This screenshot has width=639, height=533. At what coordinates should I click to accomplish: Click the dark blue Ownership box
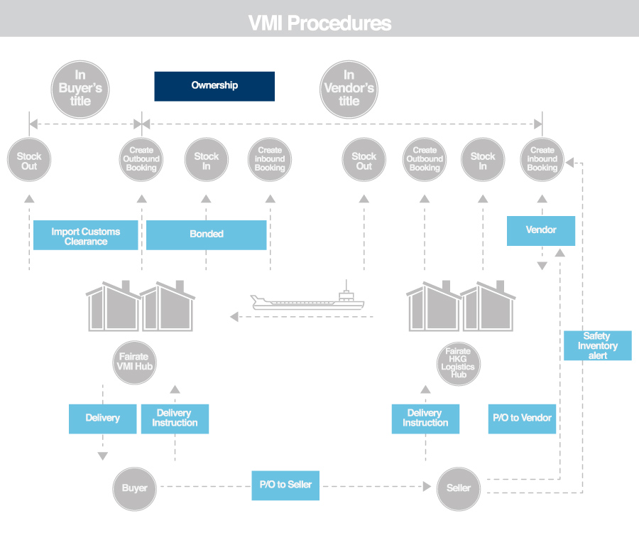214,86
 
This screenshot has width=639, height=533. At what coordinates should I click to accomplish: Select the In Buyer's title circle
80,90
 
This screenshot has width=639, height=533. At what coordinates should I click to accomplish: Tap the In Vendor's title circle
349,90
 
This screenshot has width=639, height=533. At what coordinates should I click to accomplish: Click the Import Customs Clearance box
86,235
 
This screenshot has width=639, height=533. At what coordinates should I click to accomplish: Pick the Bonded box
206,235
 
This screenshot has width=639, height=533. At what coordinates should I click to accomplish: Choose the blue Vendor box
541,231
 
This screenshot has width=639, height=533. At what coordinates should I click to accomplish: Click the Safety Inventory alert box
597,345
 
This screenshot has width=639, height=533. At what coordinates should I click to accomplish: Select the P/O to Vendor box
522,419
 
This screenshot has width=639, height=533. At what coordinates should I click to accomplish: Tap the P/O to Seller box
285,485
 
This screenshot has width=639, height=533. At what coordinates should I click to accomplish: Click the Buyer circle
134,489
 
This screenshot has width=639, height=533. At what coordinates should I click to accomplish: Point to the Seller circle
459,489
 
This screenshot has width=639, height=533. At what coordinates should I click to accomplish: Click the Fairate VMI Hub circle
134,362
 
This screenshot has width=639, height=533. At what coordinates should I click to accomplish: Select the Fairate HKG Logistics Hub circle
459,364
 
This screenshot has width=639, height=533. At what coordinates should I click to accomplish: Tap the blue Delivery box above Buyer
103,419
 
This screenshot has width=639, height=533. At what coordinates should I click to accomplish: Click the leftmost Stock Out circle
29,160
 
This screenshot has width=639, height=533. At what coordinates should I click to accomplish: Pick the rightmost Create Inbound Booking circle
542,160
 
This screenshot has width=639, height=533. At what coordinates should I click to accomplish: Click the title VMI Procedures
320,23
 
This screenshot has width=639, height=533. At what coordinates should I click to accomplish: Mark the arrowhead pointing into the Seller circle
427,486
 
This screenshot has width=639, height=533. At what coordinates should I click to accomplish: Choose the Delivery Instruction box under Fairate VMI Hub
175,419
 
